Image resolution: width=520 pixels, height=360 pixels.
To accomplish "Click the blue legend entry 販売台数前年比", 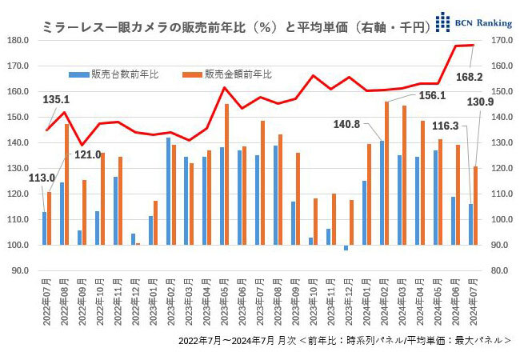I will pyautogui.click(x=120, y=74).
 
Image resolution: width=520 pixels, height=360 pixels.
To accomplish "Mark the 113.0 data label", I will pyautogui.click(x=41, y=178).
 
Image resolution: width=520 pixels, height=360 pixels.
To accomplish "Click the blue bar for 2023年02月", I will pyautogui.click(x=168, y=191).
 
